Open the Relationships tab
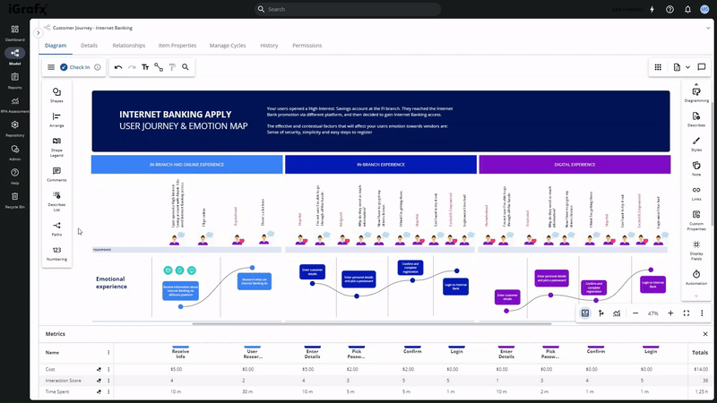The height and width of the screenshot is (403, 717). pos(129,45)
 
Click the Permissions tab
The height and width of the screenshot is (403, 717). pos(307,45)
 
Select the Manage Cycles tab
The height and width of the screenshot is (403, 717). pos(228,45)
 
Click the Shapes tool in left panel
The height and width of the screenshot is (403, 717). pos(56,93)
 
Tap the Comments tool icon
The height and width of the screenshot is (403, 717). pos(56,173)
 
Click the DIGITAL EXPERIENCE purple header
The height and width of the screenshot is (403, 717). pos(574,165)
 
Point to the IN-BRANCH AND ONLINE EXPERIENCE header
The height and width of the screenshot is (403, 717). pos(187,165)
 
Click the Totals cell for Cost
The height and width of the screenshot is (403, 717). pos(699,369)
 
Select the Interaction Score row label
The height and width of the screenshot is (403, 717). pos(64,381)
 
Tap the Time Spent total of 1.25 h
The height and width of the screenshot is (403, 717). pos(699,392)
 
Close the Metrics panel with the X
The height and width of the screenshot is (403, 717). pos(705,334)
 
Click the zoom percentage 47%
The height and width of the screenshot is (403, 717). pos(652,313)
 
